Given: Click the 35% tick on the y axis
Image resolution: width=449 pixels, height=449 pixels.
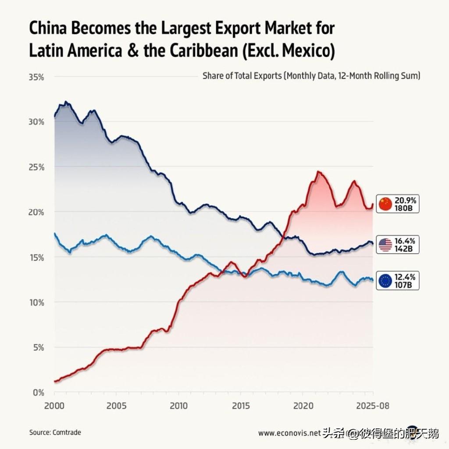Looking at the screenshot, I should coord(36,77).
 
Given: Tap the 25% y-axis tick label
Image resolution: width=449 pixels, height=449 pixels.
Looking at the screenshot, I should coord(36,167).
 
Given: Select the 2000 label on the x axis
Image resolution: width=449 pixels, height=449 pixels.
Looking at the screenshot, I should coord(54,406).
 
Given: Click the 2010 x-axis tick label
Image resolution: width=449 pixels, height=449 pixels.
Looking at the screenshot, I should coord(178,406).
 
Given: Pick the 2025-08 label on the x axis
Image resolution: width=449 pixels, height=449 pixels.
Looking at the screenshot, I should coord(373,406).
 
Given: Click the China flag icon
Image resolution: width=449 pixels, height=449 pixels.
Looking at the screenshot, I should coord(385,203).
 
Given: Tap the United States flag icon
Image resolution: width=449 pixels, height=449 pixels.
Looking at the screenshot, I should coord(385,245).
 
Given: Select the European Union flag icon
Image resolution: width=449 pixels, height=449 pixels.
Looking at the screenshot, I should coord(385,281).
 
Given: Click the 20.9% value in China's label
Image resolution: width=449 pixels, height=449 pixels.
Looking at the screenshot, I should coord(405,200).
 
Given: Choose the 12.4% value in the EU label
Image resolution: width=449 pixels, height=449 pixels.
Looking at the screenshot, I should coord(405,277).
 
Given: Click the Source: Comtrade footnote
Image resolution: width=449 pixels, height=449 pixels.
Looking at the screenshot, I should coord(55,432).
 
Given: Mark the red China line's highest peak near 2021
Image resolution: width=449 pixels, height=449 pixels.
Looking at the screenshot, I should coord(318,172).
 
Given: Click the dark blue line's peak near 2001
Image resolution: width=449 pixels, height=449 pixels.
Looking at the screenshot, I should coord(66,102).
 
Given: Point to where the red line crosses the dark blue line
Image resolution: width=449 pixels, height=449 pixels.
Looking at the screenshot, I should coord(284,238).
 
